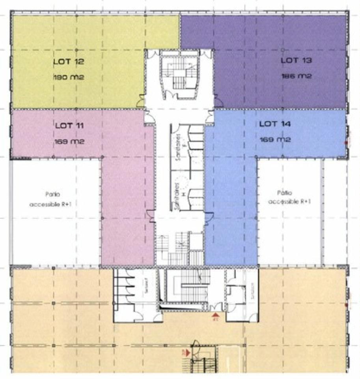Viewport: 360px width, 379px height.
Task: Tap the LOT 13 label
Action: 296,61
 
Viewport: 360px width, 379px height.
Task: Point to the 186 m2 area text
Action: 296,76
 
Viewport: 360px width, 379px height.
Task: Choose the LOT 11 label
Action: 69,126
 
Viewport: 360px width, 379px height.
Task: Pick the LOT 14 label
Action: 275,124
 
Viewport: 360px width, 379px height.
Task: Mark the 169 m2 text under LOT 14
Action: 275,139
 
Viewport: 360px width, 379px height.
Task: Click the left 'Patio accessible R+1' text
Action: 54,199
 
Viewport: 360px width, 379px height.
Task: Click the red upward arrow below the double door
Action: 215,315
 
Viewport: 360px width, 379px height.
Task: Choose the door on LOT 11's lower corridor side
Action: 150,216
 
